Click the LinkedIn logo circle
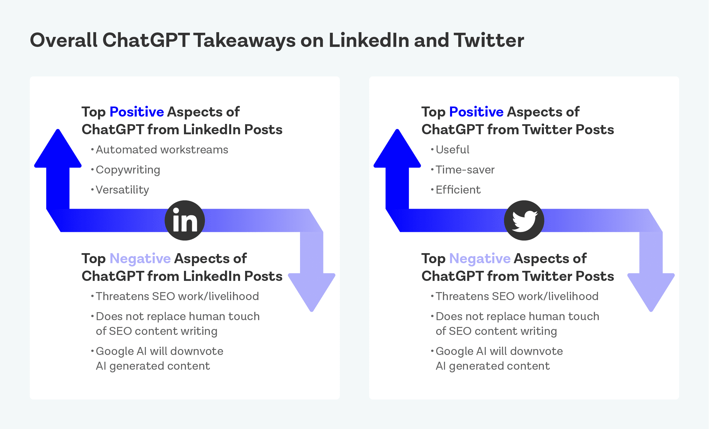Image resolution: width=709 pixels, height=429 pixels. pos(185,220)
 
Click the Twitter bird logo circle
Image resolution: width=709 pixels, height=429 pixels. pos(524,220)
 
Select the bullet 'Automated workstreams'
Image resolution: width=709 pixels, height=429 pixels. pos(162,150)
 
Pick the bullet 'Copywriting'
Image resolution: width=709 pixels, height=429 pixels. pos(128,170)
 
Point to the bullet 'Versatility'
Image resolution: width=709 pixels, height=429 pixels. pos(122,190)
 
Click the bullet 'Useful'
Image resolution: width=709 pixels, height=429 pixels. pos(452,150)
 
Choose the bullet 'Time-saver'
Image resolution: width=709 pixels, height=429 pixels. pos(465,170)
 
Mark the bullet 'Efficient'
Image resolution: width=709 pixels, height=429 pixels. pos(458,190)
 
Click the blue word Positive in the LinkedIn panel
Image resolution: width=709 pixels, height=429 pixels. pos(137,112)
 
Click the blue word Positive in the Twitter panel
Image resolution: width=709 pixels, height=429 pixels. pos(476,112)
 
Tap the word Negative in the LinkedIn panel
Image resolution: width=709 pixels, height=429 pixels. pos(140,258)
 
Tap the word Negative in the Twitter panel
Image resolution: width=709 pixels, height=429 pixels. pos(480,258)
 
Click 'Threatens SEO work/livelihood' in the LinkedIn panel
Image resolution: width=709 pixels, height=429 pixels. pos(177,296)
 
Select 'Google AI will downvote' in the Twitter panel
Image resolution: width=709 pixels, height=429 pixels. pos(499,351)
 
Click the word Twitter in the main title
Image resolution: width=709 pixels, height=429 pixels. pos(489,40)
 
